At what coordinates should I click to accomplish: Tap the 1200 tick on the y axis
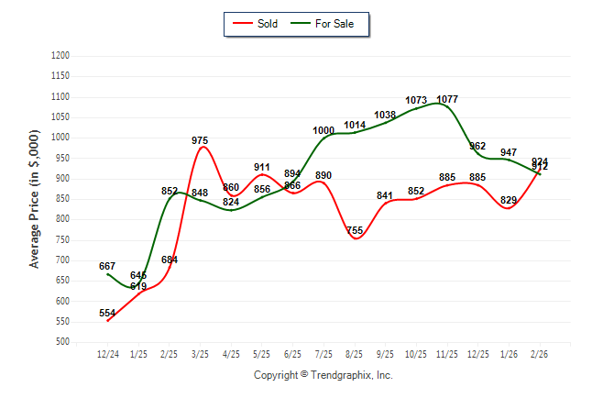60,56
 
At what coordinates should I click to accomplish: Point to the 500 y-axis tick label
63,342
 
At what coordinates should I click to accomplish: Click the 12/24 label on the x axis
108,354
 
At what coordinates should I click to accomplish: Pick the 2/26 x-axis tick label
540,354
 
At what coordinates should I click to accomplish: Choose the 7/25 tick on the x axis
323,354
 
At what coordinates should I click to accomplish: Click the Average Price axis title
35,199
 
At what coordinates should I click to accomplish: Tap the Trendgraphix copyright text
323,375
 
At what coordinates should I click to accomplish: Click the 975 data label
200,140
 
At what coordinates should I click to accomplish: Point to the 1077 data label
447,99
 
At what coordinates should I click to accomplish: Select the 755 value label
355,230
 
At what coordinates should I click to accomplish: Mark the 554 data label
107,313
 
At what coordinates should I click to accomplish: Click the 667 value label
107,266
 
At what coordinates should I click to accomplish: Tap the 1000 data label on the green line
323,130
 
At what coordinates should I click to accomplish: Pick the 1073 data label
416,100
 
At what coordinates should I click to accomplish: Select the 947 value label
509,152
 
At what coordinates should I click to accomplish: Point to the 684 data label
170,260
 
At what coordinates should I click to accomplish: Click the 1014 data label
355,125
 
